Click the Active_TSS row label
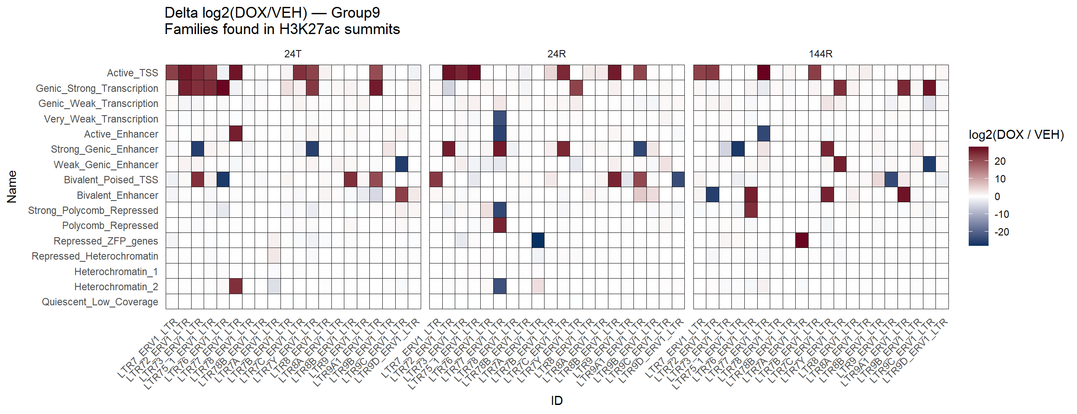point(132,73)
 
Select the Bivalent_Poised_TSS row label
point(111,180)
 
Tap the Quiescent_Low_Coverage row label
point(100,302)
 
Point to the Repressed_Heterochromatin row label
point(95,256)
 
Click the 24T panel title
point(293,54)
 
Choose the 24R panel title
point(556,54)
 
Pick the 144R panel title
point(820,54)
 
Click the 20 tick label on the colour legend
point(1000,161)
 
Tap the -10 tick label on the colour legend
point(1001,214)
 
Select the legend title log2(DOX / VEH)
point(1016,135)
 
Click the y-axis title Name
point(12,187)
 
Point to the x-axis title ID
point(557,401)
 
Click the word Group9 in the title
point(356,13)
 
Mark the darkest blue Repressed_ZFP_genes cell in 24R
point(538,240)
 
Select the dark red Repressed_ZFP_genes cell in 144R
point(802,240)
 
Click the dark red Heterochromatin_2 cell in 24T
point(236,286)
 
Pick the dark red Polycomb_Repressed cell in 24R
point(500,225)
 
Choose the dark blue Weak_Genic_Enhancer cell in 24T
point(402,164)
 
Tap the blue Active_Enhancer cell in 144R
point(763,134)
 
